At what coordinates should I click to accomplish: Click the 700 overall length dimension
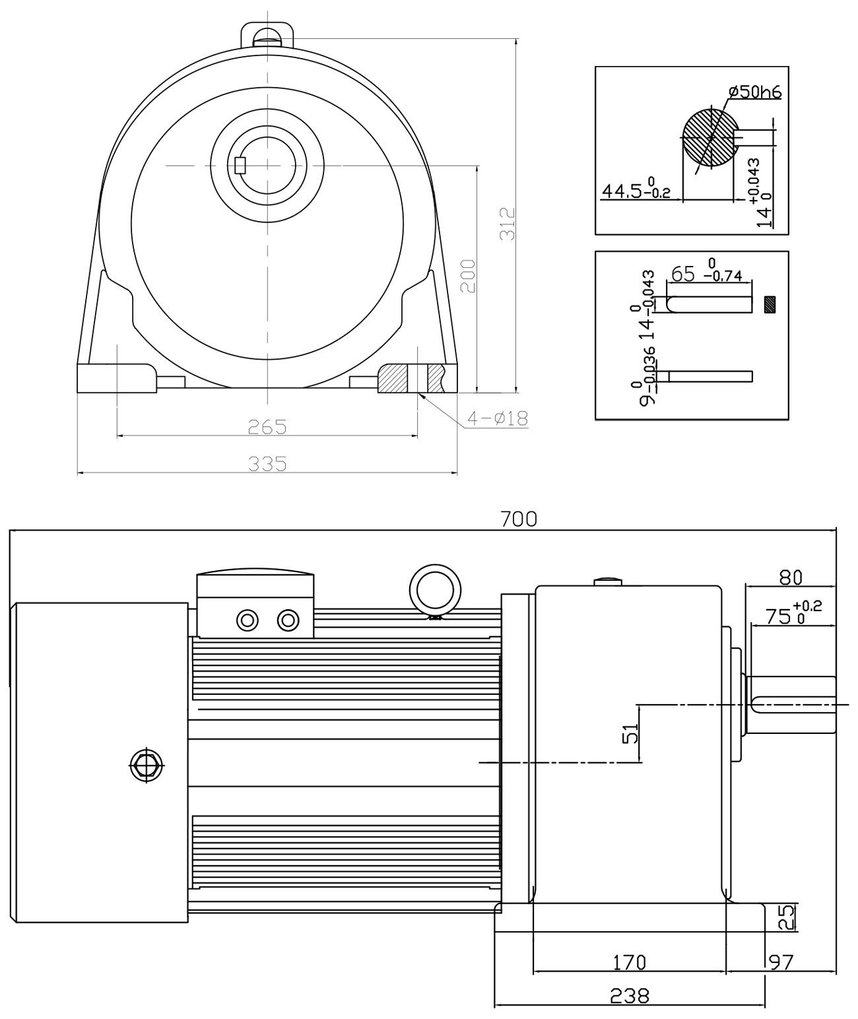[519, 519]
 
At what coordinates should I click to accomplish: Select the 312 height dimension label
[508, 224]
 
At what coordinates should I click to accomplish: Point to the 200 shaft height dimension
[468, 277]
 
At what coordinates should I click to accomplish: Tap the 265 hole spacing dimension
[267, 427]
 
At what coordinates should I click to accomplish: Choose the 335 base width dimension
[267, 463]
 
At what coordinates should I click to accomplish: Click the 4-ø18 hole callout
[498, 418]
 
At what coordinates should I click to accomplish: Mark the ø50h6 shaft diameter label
[755, 92]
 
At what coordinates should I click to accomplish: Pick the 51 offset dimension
[630, 733]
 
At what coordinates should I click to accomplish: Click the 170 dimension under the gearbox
[629, 963]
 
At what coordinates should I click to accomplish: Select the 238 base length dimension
[630, 996]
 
